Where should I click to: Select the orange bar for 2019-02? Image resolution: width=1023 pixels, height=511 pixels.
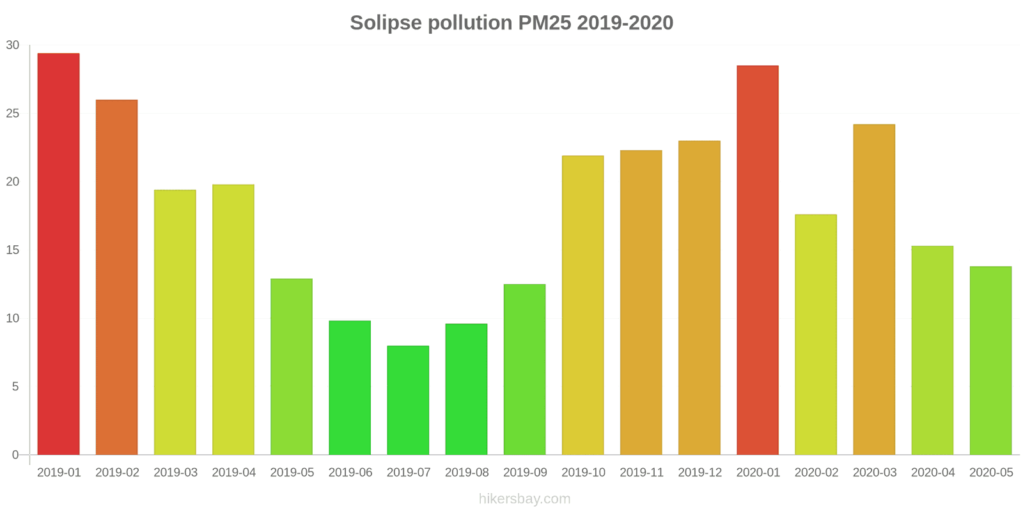(116, 277)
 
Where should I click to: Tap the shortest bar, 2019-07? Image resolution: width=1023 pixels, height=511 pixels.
(408, 400)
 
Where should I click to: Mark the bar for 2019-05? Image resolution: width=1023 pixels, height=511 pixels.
(292, 367)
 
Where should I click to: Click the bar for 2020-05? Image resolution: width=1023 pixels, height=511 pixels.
(990, 361)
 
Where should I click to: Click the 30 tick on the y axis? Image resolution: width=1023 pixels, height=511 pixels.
(13, 45)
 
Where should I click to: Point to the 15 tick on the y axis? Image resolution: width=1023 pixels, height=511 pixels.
(13, 250)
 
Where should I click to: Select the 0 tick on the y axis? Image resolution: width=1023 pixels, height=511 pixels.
(15, 455)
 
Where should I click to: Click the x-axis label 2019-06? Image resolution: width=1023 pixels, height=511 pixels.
(350, 473)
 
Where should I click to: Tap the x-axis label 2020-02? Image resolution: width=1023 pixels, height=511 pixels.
(816, 473)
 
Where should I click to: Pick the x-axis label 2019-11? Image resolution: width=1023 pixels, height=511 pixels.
(641, 473)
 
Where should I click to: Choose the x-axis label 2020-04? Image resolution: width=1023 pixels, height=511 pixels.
(932, 473)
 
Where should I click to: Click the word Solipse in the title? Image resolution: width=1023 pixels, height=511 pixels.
(386, 23)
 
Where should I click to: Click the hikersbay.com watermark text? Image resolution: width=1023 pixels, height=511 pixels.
(524, 499)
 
